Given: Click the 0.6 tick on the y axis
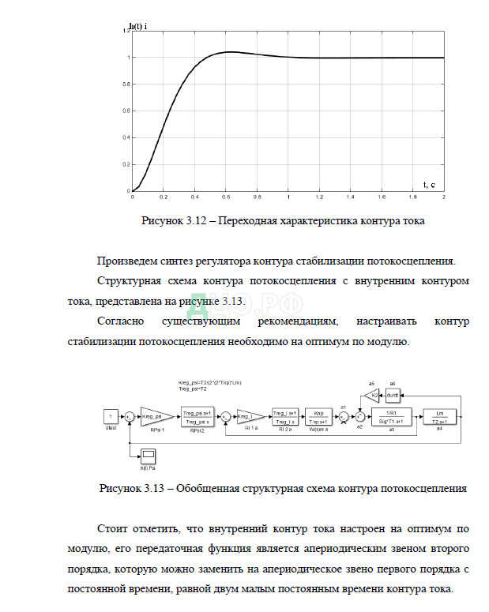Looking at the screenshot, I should (x=126, y=111).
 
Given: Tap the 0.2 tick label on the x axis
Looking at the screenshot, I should (x=164, y=197).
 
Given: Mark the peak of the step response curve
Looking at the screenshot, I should (x=228, y=52).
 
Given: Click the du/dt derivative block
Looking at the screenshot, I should (x=393, y=394).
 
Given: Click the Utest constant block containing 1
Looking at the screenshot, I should (x=112, y=415).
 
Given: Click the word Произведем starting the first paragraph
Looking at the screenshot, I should (x=127, y=261).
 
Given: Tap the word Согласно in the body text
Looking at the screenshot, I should (x=121, y=322).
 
